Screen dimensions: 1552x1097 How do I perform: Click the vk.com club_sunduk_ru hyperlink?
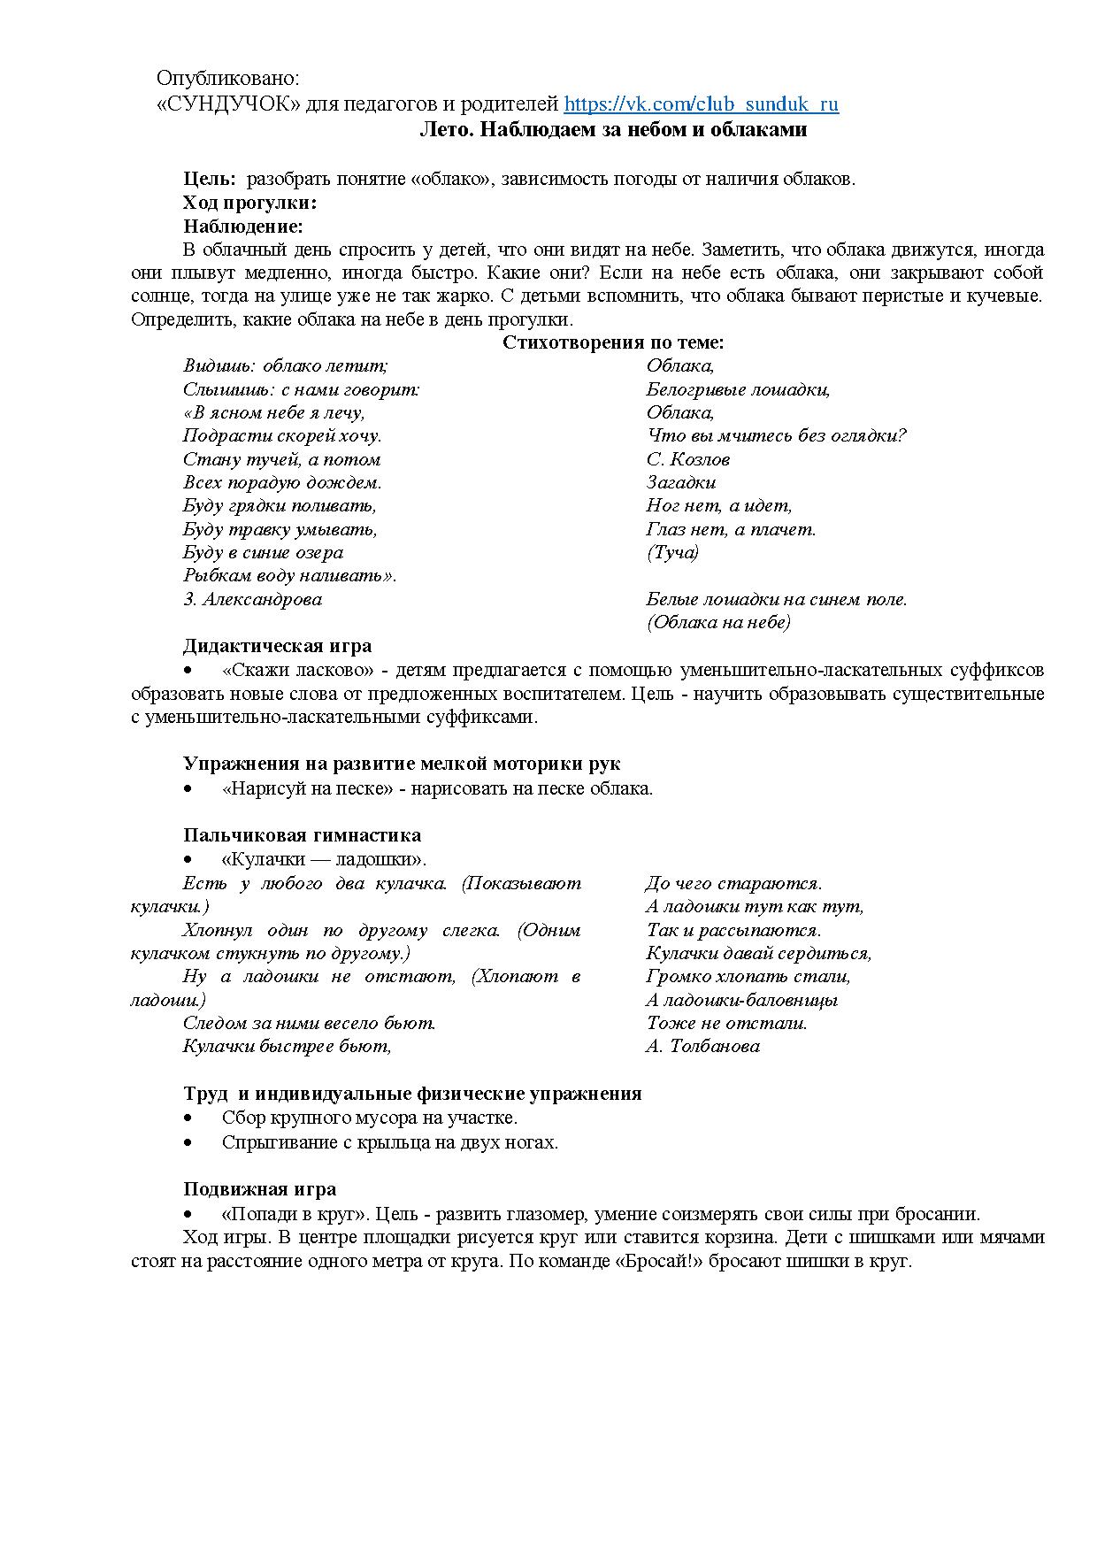click(701, 104)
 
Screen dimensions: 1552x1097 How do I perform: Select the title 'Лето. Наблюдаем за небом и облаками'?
click(612, 129)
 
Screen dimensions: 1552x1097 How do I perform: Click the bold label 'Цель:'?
click(210, 179)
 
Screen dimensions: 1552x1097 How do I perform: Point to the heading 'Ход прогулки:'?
click(249, 203)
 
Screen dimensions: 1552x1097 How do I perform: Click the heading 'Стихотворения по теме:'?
click(613, 342)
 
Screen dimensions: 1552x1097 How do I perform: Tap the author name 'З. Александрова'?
click(252, 599)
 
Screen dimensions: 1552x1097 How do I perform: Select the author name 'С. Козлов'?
click(687, 459)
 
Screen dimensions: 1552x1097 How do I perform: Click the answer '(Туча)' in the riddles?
click(672, 552)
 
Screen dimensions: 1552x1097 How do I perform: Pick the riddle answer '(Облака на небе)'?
click(718, 622)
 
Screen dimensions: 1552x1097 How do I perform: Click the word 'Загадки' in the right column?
click(680, 482)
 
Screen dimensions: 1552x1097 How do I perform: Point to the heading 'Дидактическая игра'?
click(277, 646)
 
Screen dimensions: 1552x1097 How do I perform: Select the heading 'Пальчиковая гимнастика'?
click(302, 835)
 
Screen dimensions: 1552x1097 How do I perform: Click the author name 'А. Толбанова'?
click(702, 1046)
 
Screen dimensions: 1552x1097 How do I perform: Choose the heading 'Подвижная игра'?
click(259, 1189)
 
